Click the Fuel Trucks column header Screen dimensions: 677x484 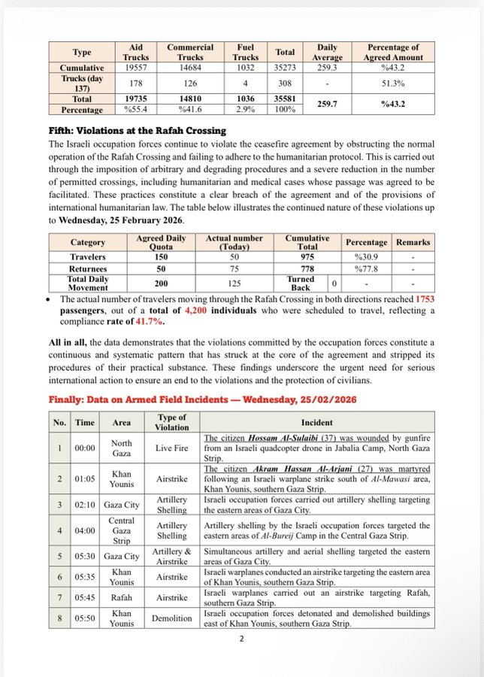(x=247, y=52)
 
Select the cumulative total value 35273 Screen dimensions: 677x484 (x=285, y=67)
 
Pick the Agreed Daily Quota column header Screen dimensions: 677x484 (x=162, y=242)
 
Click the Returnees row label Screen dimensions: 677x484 (x=88, y=268)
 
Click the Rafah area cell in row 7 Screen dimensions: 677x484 (x=121, y=597)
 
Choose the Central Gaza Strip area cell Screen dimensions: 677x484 (x=121, y=530)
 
